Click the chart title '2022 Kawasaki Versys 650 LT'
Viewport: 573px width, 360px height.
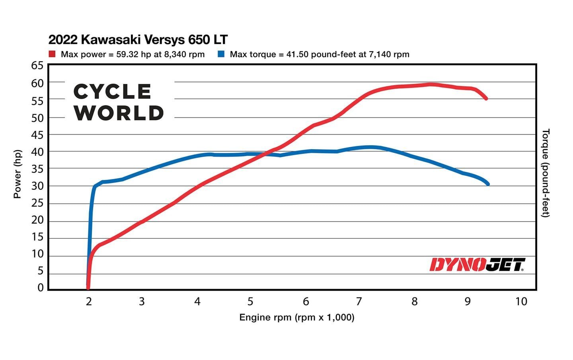click(x=138, y=40)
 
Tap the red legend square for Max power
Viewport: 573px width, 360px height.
click(x=52, y=54)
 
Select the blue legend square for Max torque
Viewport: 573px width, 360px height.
click(x=221, y=54)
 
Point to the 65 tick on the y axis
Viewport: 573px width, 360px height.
click(x=37, y=65)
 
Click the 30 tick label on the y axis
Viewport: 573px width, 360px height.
click(x=37, y=186)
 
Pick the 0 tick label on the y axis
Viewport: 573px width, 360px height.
click(x=41, y=288)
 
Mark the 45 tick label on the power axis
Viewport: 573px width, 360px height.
click(x=37, y=135)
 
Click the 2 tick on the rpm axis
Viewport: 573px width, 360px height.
click(x=89, y=302)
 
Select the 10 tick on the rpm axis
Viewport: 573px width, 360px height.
click(x=521, y=302)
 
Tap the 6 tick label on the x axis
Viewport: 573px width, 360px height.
click(x=306, y=302)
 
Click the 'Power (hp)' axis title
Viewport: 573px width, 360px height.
click(x=17, y=174)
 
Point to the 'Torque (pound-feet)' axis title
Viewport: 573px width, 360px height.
click(x=546, y=173)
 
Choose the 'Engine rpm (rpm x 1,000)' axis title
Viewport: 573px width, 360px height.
click(x=296, y=317)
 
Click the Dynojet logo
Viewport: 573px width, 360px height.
click(x=477, y=265)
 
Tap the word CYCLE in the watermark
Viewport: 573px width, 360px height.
click(x=112, y=92)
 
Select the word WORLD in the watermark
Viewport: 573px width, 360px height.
click(x=119, y=113)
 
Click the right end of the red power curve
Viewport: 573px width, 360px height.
click(x=486, y=98)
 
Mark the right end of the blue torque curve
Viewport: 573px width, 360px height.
click(x=488, y=184)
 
